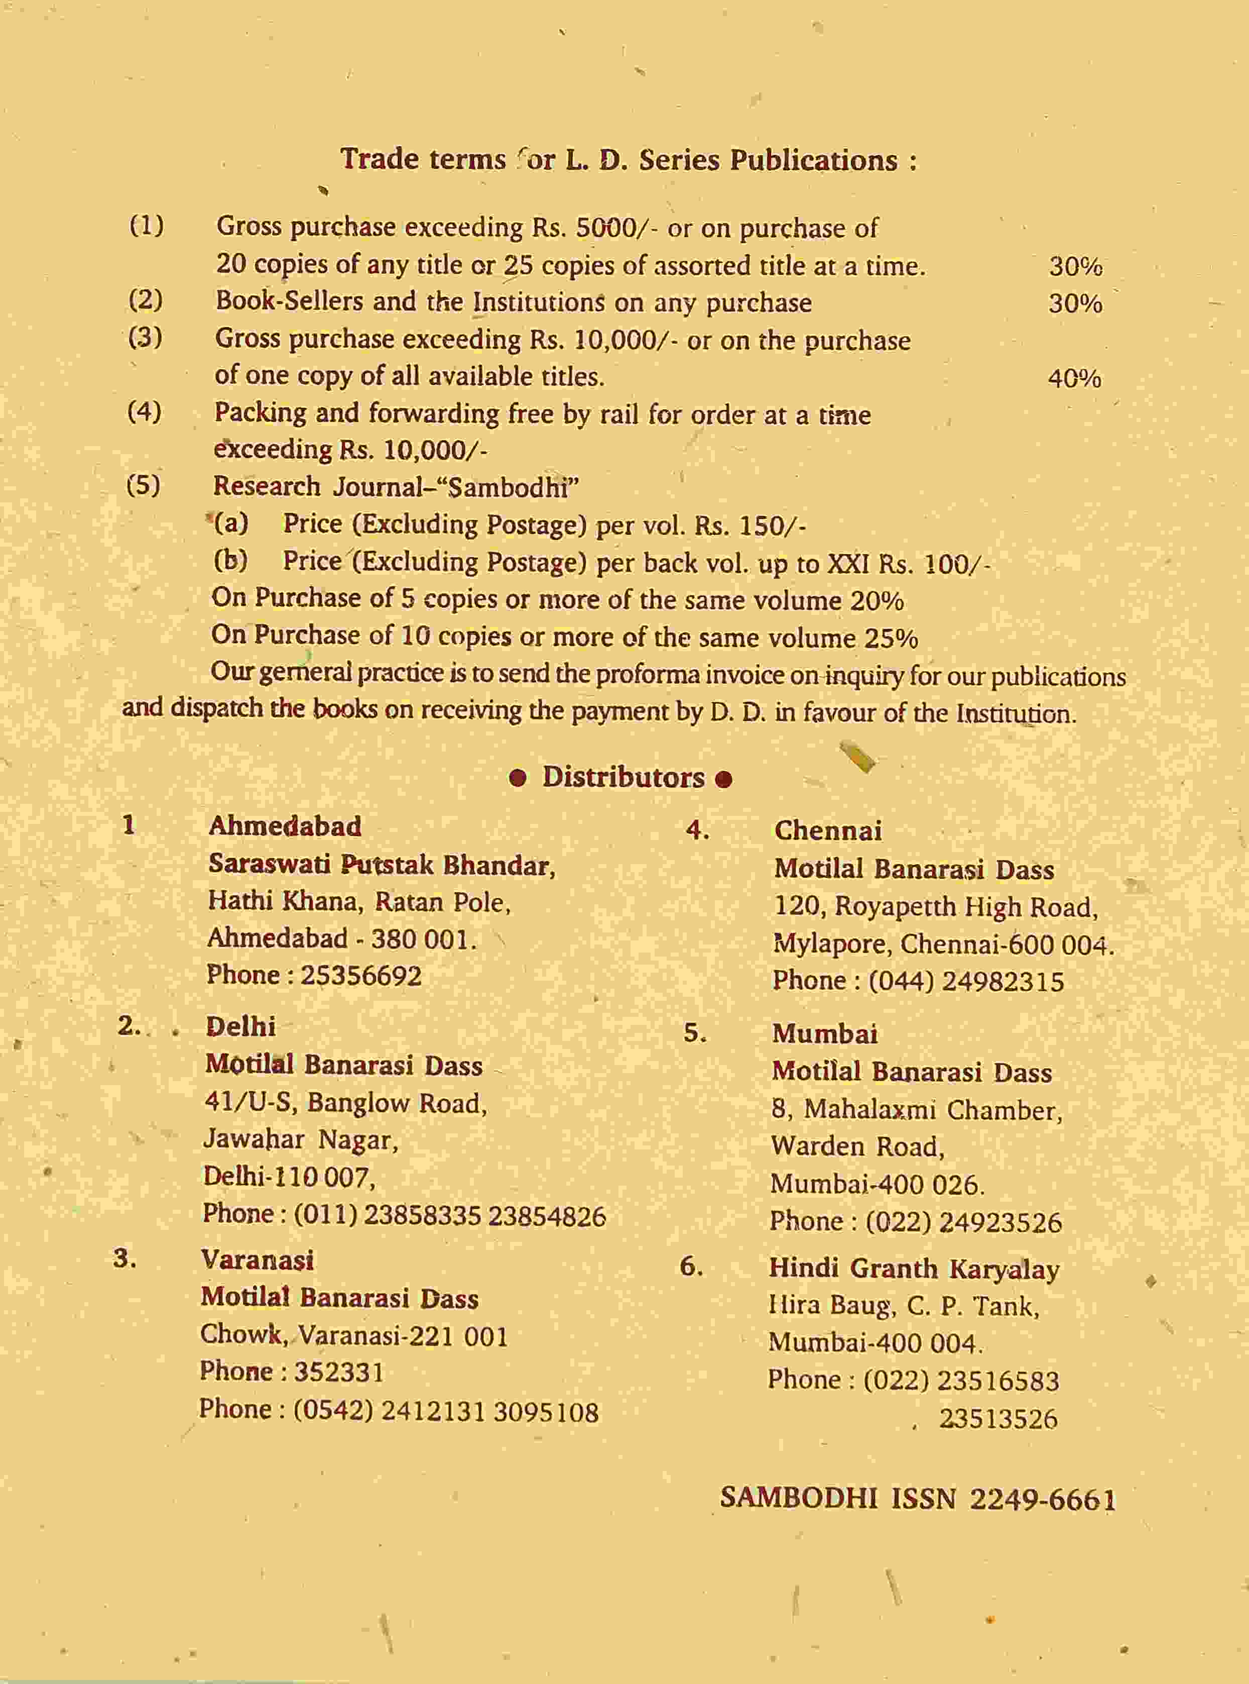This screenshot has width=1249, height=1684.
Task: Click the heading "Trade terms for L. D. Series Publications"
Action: pyautogui.click(x=629, y=160)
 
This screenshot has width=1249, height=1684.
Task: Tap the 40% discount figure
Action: pyautogui.click(x=1074, y=378)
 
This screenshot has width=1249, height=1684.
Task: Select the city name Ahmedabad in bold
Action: pyautogui.click(x=285, y=826)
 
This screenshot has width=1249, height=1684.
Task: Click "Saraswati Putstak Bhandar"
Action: pyautogui.click(x=382, y=864)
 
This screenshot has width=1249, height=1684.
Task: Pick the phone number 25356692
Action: pyautogui.click(x=361, y=975)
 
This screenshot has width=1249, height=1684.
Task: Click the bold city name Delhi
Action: pyautogui.click(x=240, y=1026)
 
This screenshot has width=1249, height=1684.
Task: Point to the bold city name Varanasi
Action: pyautogui.click(x=257, y=1259)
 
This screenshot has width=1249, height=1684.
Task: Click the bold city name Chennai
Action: pyautogui.click(x=828, y=830)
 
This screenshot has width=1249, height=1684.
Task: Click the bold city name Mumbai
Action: pyautogui.click(x=825, y=1033)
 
